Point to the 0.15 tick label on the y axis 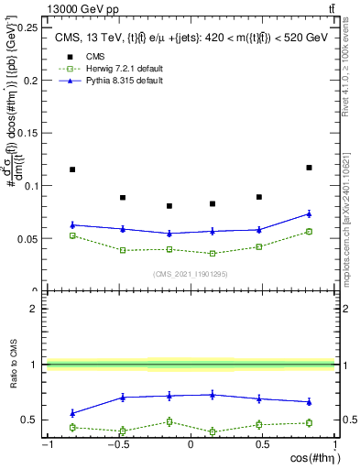pos(28,133)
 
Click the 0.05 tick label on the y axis pos(28,239)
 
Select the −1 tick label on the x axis pos(46,444)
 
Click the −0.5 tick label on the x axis pos(117,444)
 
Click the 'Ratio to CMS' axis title pos(12,365)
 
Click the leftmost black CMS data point pos(72,169)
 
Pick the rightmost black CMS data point pos(309,168)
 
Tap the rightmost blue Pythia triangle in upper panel pos(309,213)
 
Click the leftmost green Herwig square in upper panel pos(72,235)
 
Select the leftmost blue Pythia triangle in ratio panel pos(72,413)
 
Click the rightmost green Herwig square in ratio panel pos(309,422)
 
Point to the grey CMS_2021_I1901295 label pos(190,275)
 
